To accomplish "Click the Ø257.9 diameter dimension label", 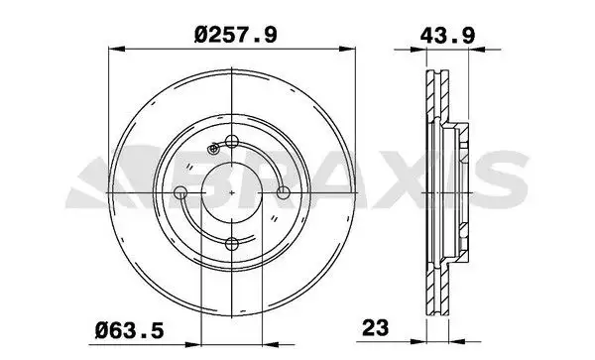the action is pos(236,35).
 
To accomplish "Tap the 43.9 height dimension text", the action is pos(447,36).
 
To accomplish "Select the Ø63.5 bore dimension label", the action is pos(129,330).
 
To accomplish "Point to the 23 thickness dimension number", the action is pos(375,327).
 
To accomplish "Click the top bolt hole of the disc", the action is pos(231,142).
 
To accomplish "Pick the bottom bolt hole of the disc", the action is pos(231,244).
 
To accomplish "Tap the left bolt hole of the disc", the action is pos(180,192).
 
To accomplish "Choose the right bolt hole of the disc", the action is pos(283,192).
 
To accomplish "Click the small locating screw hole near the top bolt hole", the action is pos(213,149).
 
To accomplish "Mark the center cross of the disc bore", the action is pos(232,192).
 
